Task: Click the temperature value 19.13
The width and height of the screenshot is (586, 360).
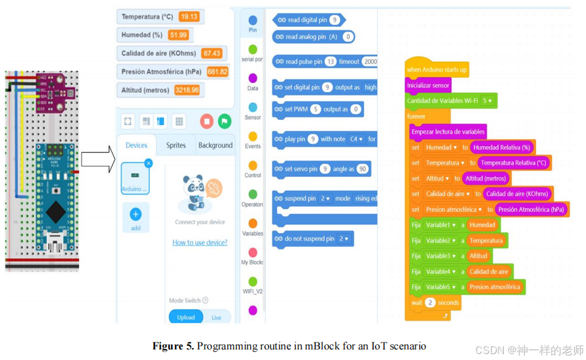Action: click(x=189, y=16)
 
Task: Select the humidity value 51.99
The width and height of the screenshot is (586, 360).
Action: click(x=178, y=35)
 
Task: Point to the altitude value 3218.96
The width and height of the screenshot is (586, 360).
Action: click(x=188, y=90)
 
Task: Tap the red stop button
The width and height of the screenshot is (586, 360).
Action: click(x=207, y=121)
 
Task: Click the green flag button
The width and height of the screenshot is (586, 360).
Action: click(x=225, y=121)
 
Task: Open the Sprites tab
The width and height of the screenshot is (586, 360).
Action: click(x=176, y=145)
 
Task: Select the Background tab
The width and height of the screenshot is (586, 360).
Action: click(x=215, y=145)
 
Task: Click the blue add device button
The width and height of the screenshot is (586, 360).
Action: click(x=136, y=215)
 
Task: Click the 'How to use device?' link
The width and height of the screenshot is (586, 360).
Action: click(x=200, y=242)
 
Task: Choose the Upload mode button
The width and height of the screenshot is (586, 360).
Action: click(x=186, y=317)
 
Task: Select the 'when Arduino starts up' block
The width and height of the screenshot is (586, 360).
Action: click(x=437, y=69)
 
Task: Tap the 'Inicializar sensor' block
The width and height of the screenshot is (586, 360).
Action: click(x=428, y=85)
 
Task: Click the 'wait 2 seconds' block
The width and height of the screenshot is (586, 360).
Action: click(x=434, y=303)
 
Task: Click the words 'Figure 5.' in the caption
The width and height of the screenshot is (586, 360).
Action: click(x=173, y=346)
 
